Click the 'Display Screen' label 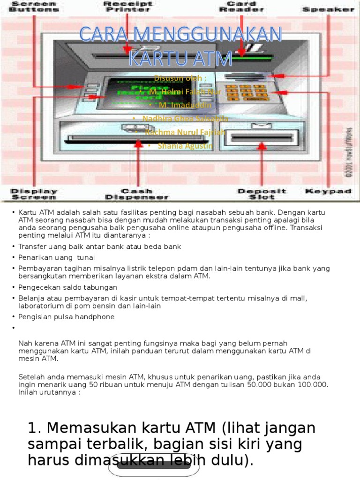click(x=34, y=194)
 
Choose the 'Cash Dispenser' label click(x=137, y=194)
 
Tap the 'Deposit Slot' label click(x=261, y=194)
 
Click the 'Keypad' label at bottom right click(x=328, y=191)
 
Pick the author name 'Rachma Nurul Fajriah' click(x=185, y=133)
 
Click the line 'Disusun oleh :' click(x=180, y=78)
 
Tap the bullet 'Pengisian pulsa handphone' click(x=66, y=317)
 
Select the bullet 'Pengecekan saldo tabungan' click(x=67, y=287)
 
